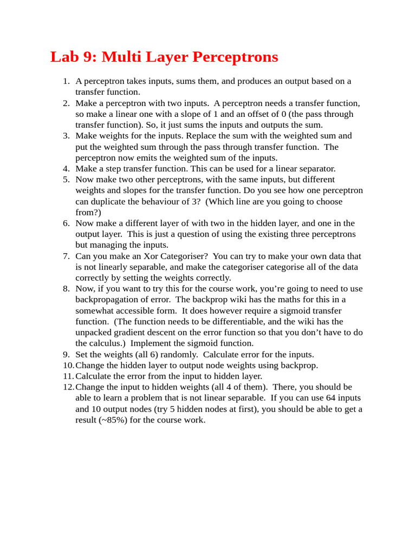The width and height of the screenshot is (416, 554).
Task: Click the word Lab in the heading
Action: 63,57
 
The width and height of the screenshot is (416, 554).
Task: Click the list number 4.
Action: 66,168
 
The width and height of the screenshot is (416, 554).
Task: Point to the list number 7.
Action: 66,256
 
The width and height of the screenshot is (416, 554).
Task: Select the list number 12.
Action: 68,387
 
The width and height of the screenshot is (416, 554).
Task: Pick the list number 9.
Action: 66,354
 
